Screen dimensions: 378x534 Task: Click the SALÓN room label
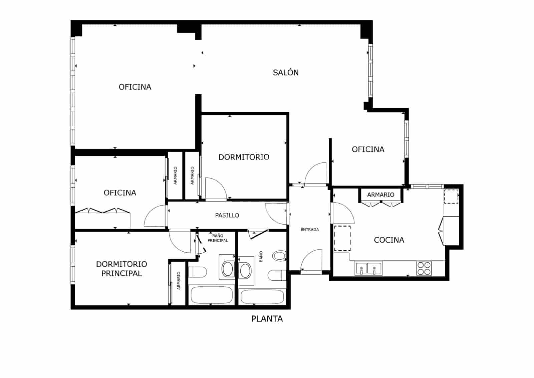[286, 73]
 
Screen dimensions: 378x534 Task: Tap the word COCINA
[389, 240]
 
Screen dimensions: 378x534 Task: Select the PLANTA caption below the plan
[267, 319]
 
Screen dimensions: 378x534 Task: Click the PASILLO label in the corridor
[227, 215]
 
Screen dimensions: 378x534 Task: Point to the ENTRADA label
[310, 230]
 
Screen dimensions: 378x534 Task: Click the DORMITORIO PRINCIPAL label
[121, 269]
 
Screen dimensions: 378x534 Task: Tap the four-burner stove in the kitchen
[424, 268]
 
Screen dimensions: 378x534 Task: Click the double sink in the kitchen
[368, 268]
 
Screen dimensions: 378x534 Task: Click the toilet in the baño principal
[198, 272]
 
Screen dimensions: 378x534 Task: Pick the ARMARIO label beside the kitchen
[380, 195]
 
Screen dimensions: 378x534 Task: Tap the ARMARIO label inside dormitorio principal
[179, 281]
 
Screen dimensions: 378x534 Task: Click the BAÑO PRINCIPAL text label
[218, 238]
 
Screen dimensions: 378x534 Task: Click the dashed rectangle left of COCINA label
[342, 238]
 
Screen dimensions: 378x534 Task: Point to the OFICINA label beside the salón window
[368, 149]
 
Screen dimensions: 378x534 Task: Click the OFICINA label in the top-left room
[135, 87]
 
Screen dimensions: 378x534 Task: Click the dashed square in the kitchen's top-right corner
[451, 197]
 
